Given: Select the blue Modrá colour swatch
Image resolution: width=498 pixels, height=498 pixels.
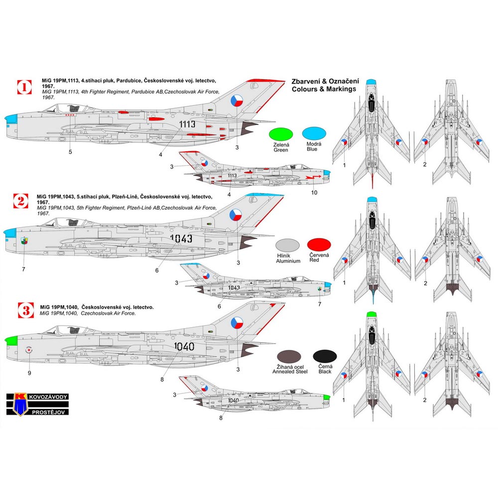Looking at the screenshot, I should (x=315, y=134).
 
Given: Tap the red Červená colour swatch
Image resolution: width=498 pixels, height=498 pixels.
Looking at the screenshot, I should (x=319, y=245).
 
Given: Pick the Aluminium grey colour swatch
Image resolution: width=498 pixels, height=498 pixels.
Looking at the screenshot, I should (x=287, y=245).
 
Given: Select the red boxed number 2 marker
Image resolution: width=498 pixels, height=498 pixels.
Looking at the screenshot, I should (x=20, y=201).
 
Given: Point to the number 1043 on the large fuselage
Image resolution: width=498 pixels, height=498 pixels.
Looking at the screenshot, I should (x=181, y=239).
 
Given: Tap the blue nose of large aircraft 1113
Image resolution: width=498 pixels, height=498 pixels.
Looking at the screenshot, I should (x=11, y=120).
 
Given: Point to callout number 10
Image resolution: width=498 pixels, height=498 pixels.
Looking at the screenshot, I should (x=314, y=192).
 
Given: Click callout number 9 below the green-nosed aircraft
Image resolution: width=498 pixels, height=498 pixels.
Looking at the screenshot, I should (x=29, y=372).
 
